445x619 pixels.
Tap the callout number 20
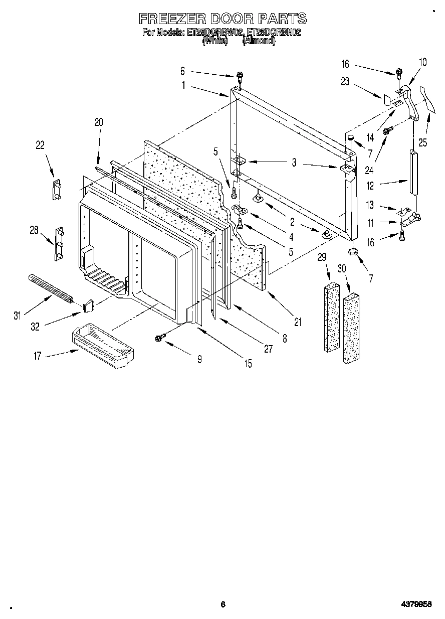[98, 122]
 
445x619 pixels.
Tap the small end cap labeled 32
[90, 304]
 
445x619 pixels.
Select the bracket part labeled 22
[57, 189]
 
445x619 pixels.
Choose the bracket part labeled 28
[60, 244]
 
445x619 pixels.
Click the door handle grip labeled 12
[413, 172]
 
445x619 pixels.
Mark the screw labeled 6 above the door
[240, 77]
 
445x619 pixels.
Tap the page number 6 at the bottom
[223, 604]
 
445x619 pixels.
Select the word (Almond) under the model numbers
[259, 42]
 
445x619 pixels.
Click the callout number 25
[422, 143]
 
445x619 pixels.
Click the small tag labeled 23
[386, 99]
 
